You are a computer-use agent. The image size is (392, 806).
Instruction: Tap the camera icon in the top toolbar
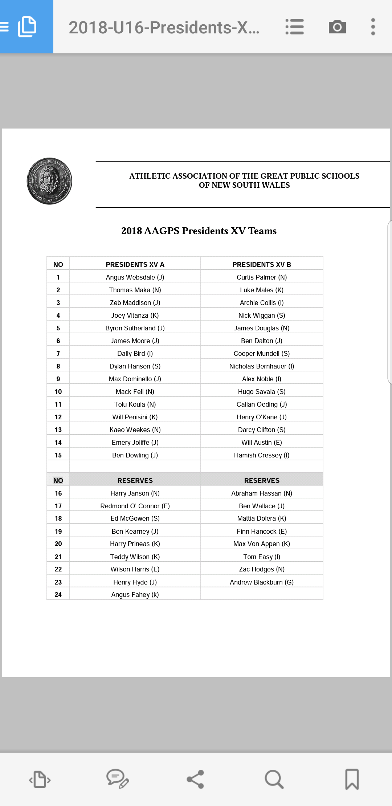[337, 27]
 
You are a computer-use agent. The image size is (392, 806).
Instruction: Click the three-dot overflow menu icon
[373, 27]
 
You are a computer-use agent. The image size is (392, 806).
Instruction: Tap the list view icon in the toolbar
[294, 27]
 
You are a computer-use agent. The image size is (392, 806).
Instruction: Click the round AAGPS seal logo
[49, 181]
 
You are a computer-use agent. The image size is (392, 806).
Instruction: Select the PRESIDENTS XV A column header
[135, 264]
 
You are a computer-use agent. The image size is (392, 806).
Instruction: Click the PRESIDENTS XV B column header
[262, 264]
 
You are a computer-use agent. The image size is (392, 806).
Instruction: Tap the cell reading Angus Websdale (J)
[135, 277]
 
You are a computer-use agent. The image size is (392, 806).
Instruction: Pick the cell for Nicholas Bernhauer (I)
[262, 366]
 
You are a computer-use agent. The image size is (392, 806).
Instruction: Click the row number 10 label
[58, 392]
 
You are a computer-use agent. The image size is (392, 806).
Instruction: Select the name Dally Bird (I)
[135, 354]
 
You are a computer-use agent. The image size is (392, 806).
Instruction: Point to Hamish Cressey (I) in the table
[262, 455]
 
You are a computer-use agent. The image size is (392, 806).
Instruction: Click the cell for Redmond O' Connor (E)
[135, 506]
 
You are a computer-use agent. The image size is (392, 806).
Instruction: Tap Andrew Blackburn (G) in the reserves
[262, 582]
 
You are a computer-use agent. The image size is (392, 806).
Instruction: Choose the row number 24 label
[58, 595]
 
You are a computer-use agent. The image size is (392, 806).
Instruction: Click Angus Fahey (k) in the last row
[135, 595]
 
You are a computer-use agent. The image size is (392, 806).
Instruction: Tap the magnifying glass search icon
[274, 779]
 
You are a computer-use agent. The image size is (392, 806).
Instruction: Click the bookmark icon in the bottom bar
[352, 779]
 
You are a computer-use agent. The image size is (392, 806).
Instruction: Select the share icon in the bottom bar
[196, 779]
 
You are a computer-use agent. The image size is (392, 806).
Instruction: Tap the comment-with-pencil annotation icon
[118, 779]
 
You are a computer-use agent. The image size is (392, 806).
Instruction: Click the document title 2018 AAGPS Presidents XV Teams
[199, 231]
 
